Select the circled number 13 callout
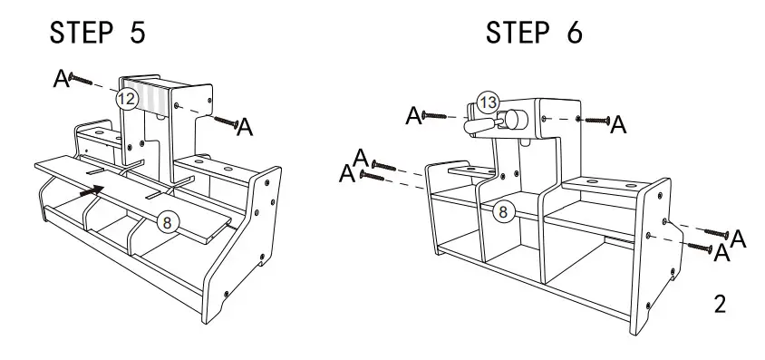point(488,103)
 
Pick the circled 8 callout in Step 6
point(506,212)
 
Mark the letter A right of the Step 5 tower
point(245,128)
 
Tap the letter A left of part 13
point(413,115)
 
